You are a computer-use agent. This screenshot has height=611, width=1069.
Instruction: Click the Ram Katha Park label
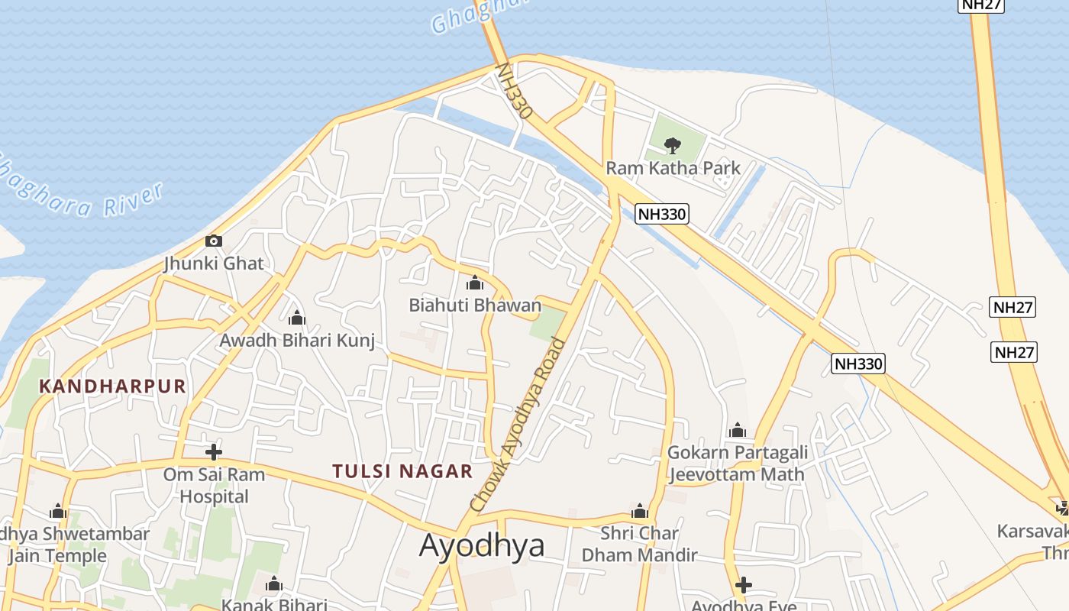tap(673, 168)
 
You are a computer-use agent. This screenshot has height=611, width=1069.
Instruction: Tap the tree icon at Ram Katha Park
tap(672, 144)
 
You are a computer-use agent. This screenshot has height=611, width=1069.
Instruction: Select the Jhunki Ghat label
tap(214, 263)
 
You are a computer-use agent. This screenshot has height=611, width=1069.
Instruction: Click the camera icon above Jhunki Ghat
tap(214, 241)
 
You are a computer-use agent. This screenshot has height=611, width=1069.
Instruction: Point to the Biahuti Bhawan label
tap(475, 305)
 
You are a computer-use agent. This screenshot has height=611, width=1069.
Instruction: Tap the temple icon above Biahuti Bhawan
tap(475, 283)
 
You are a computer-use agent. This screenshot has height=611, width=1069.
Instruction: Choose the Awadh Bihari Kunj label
tap(297, 340)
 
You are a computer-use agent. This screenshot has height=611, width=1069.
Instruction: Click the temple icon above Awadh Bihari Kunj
tap(297, 318)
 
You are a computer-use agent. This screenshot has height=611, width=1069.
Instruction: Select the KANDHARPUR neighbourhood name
tap(112, 386)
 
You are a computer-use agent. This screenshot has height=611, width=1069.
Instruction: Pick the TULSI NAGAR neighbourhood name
tap(402, 471)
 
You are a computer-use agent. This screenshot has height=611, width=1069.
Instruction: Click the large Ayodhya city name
tap(482, 545)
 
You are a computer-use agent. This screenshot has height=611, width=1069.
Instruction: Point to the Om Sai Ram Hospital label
tap(214, 485)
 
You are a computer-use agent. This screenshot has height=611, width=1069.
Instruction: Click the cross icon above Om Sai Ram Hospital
tap(214, 451)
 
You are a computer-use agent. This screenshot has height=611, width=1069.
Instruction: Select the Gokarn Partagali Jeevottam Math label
tap(737, 464)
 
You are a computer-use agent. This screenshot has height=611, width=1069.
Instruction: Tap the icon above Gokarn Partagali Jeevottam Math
tap(737, 431)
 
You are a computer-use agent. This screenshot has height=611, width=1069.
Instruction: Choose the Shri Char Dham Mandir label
tap(640, 544)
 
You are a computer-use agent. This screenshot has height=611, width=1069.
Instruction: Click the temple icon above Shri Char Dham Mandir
tap(640, 511)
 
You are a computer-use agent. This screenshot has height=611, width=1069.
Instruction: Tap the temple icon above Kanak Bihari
tap(274, 585)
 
